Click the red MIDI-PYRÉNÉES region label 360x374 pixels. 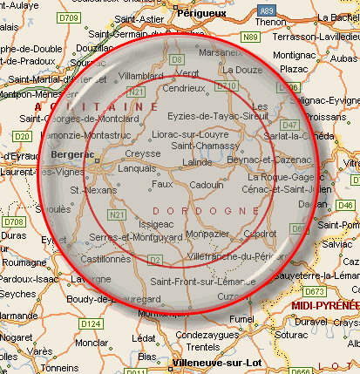[x=324, y=305]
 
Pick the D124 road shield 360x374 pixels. [x=91, y=323]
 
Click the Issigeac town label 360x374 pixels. [x=156, y=224]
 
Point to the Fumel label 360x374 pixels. [x=240, y=319]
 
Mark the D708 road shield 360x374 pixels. [x=13, y=222]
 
